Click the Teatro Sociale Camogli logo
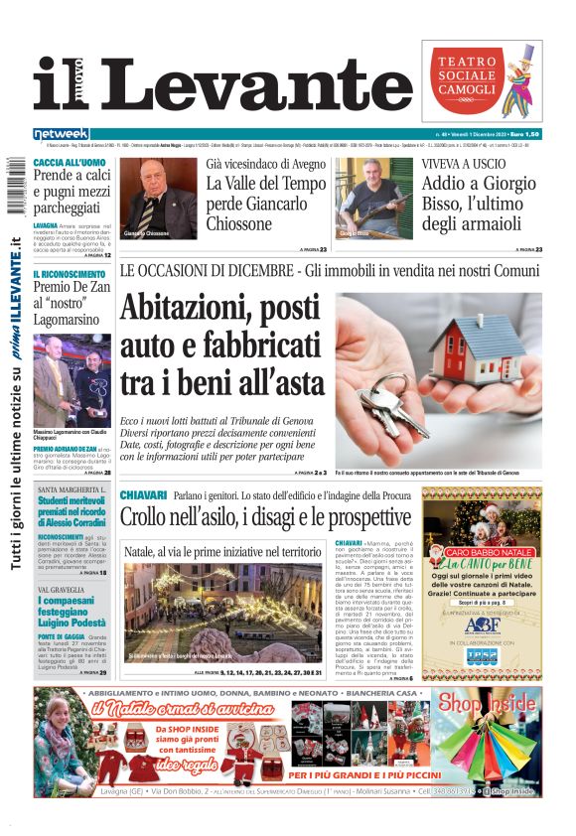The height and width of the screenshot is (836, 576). tap(482, 80)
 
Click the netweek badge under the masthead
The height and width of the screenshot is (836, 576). tap(62, 133)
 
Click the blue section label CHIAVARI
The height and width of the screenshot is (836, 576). tap(142, 494)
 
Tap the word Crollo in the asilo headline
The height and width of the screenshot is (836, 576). tap(152, 517)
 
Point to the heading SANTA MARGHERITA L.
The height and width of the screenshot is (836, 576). tap(72, 489)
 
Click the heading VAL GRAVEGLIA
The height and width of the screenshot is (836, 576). tap(62, 590)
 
